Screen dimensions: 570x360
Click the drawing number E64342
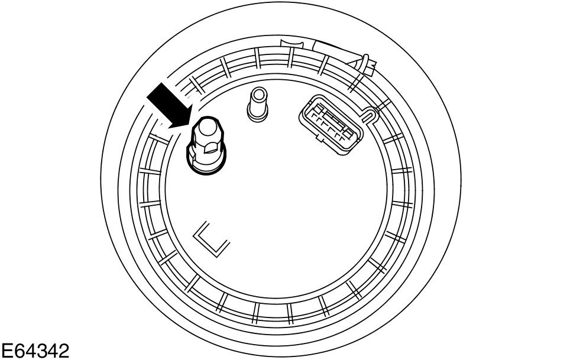click(x=35, y=351)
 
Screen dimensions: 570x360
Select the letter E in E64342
click(x=7, y=351)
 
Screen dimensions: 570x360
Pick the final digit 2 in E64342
click(x=63, y=351)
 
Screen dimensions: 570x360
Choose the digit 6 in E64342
click(x=18, y=351)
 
